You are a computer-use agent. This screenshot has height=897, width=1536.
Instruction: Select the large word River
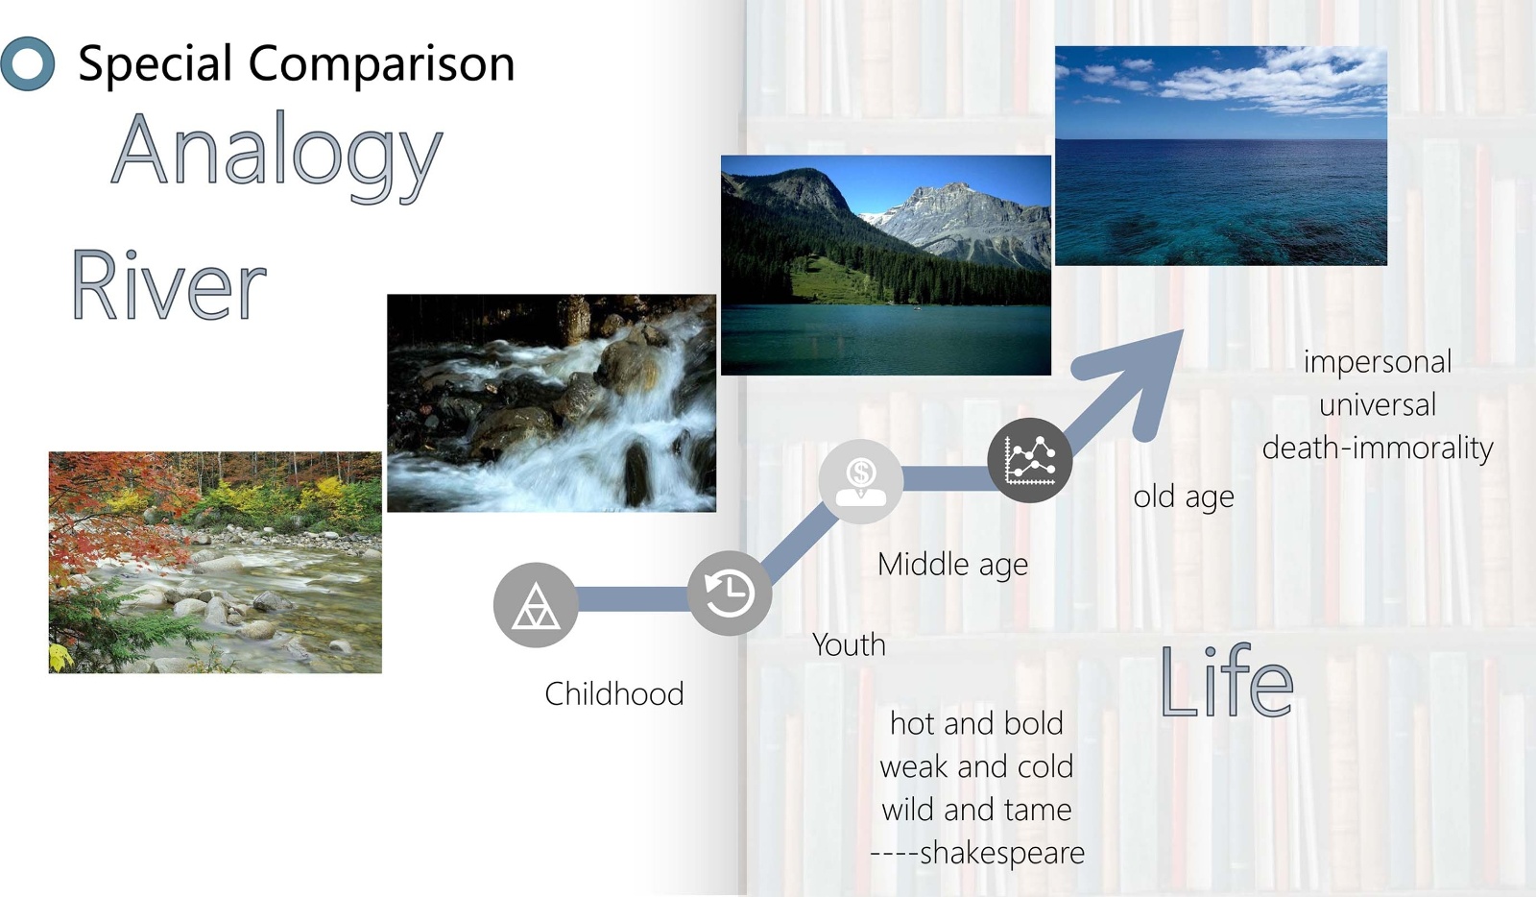(169, 285)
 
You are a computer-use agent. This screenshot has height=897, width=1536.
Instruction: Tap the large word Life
(1226, 681)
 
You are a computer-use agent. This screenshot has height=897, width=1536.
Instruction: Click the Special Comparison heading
(297, 63)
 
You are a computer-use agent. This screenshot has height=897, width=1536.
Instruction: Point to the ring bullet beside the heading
(28, 63)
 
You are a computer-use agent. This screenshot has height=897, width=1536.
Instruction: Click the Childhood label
(614, 694)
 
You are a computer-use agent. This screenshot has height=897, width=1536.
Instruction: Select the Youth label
(849, 644)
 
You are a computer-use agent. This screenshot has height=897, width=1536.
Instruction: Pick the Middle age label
(952, 565)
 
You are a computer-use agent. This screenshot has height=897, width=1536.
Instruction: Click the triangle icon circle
(536, 605)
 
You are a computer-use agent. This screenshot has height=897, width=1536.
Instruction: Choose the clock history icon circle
(730, 594)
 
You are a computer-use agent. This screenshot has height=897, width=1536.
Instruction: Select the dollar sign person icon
(861, 481)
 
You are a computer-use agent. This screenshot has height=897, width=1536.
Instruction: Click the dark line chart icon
(1030, 460)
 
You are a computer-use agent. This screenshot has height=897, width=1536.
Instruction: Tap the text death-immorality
(1378, 448)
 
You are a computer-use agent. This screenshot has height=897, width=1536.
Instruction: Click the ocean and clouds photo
(1220, 156)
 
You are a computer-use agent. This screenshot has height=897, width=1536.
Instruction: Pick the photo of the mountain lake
(886, 265)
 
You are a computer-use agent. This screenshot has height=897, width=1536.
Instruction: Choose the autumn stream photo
(215, 563)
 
